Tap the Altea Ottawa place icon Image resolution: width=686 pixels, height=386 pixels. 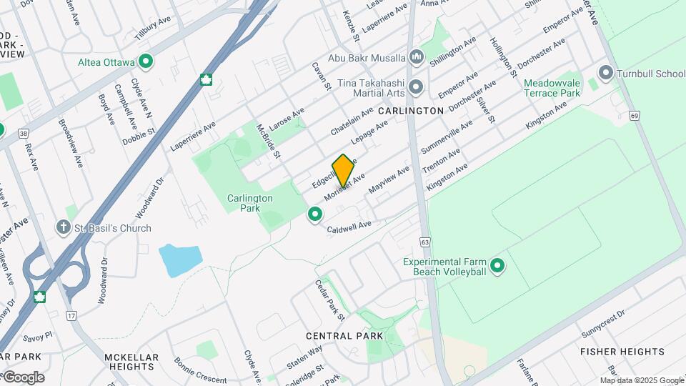tap(146, 62)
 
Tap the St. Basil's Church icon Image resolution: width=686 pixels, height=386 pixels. tap(64, 228)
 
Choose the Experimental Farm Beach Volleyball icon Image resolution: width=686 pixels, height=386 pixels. tap(497, 267)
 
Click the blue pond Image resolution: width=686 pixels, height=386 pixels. tap(179, 260)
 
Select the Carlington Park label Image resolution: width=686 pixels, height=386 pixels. tap(250, 203)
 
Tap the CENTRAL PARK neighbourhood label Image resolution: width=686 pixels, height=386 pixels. tap(344, 336)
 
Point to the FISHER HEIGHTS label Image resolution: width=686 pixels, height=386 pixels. tap(622, 352)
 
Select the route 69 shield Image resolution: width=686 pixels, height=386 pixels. tap(635, 116)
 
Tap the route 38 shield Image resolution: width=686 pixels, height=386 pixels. tap(24, 133)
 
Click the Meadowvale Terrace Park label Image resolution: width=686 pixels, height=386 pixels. tap(552, 88)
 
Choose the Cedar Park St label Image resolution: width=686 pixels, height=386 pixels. tap(330, 300)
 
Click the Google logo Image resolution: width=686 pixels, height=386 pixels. tap(23, 377)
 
